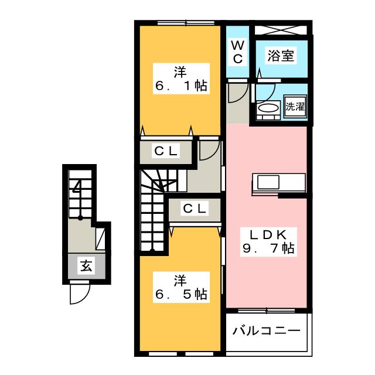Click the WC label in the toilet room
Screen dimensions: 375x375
238,52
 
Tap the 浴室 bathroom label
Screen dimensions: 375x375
281,56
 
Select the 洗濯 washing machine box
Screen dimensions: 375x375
295,106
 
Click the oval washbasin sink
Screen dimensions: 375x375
268,108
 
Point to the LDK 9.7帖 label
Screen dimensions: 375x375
268,242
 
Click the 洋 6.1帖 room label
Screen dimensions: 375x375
181,79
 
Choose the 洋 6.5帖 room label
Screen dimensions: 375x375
181,287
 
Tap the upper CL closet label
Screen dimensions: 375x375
166,151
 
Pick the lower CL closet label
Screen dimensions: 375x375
195,209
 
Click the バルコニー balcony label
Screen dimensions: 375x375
267,331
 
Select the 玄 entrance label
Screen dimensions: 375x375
86,265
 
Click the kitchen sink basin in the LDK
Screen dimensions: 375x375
268,182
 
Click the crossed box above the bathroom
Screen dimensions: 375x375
281,30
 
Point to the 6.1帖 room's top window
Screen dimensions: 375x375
186,23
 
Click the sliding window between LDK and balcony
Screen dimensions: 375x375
267,311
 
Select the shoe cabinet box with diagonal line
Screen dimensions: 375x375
100,238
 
